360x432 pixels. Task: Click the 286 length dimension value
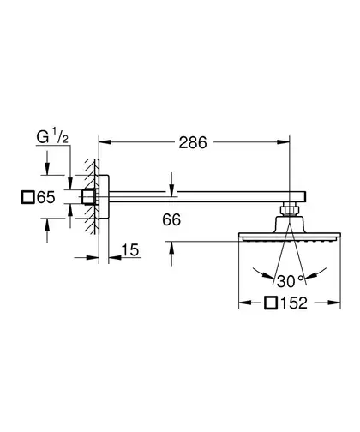193,142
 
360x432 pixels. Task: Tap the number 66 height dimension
171,219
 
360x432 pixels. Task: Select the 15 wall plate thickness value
130,250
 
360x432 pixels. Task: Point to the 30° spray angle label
290,281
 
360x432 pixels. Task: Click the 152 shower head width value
294,303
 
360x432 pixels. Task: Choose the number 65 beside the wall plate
46,197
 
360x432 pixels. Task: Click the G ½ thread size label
52,137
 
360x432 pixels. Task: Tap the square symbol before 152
271,303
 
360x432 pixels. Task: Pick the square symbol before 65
28,197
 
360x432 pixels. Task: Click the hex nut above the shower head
290,210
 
